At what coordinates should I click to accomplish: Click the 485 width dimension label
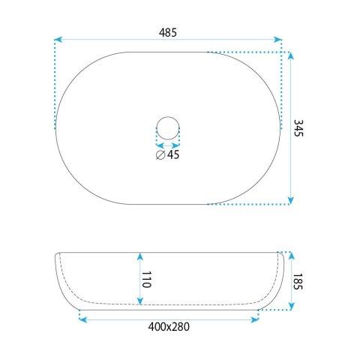tap(168, 32)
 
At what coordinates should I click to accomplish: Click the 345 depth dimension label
tap(298, 128)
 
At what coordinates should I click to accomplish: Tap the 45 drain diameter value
tap(173, 154)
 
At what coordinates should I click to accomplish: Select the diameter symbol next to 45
tap(160, 155)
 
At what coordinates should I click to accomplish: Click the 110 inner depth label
tap(146, 280)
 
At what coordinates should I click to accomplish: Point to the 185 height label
tap(298, 281)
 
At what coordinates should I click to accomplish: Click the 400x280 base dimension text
tap(169, 327)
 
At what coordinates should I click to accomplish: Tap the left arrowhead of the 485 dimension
tap(58, 40)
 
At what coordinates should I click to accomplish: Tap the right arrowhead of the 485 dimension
tap(277, 40)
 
